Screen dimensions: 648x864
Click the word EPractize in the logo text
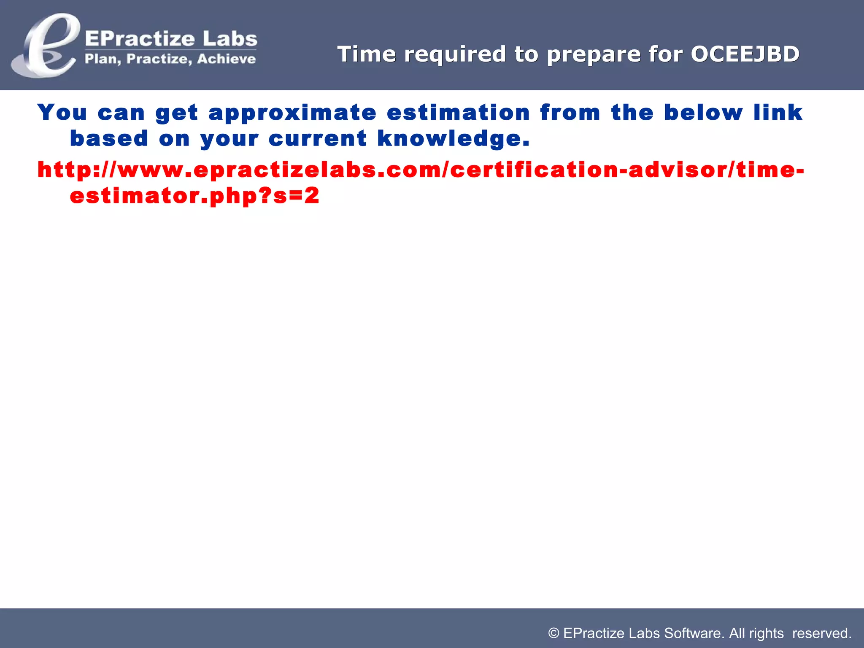[x=140, y=39]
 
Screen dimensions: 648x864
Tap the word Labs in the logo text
[x=229, y=39]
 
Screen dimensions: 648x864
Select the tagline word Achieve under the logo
[x=226, y=59]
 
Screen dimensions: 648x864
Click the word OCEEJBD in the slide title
[x=745, y=54]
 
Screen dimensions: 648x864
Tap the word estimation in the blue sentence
[x=458, y=113]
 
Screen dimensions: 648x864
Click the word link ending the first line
[x=778, y=112]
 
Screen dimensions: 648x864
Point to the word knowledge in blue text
[x=453, y=139]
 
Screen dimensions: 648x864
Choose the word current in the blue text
[x=317, y=139]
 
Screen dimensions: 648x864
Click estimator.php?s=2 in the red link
[x=194, y=196]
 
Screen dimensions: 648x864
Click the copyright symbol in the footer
[x=553, y=633]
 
